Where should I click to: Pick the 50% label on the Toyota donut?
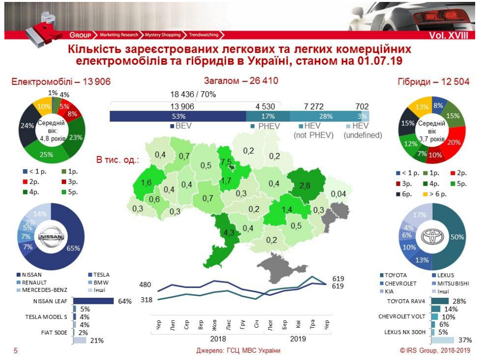point(457,237)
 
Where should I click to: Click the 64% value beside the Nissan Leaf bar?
point(125,302)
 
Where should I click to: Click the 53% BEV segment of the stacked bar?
point(178,116)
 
